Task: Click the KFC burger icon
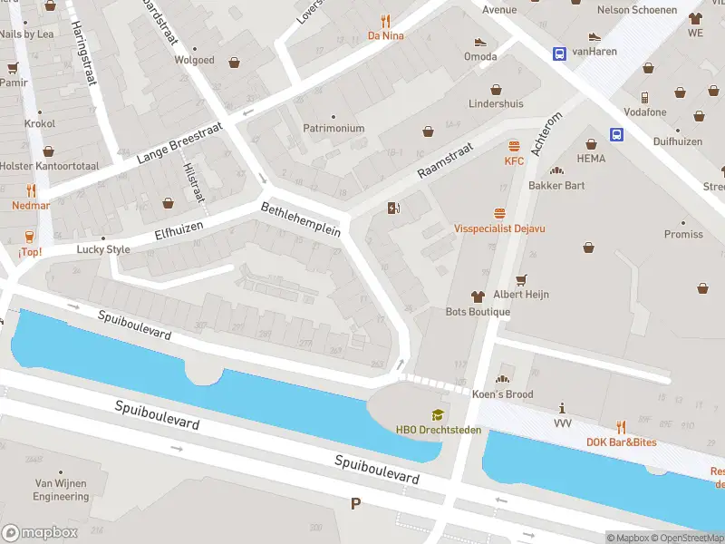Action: click(515, 146)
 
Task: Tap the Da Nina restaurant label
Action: click(385, 35)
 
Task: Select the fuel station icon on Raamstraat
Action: click(392, 209)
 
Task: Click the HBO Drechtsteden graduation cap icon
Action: click(438, 415)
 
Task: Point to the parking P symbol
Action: click(355, 503)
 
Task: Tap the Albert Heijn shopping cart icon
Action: click(520, 279)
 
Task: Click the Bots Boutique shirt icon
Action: click(478, 296)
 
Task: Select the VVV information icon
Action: click(563, 408)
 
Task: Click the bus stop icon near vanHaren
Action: click(559, 53)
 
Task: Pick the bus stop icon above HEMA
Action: click(616, 135)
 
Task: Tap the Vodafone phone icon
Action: click(644, 97)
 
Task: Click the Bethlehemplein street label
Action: click(300, 219)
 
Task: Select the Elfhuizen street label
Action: click(178, 231)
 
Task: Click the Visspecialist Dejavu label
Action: click(499, 228)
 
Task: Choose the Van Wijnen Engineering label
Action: click(62, 490)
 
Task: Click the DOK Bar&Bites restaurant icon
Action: click(621, 426)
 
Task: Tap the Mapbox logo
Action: click(40, 532)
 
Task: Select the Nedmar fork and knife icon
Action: click(31, 190)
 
